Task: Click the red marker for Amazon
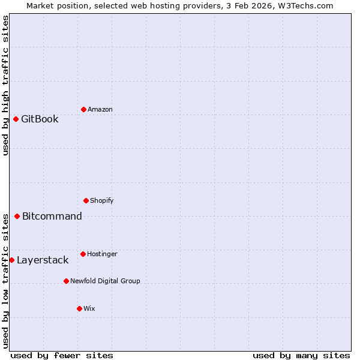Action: [x=83, y=109]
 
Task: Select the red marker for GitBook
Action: [x=16, y=119]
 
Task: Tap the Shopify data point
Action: [x=86, y=200]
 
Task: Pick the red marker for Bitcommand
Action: [x=17, y=216]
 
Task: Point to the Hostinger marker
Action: [x=83, y=254]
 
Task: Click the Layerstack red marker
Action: [x=11, y=260]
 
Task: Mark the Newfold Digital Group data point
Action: [x=66, y=281]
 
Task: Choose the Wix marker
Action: [x=79, y=308]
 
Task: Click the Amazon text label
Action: [x=100, y=109]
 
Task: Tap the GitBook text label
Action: [x=40, y=119]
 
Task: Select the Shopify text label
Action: [x=102, y=200]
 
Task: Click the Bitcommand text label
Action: [x=52, y=216]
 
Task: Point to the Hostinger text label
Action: [x=102, y=254]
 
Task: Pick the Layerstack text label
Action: [x=43, y=260]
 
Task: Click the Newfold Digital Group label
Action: [x=105, y=281]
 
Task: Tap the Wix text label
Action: [x=89, y=308]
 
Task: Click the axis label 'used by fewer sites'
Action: [x=62, y=355]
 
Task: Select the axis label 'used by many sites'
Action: [x=301, y=355]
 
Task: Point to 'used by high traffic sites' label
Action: [x=5, y=85]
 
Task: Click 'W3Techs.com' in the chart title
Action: [x=308, y=5]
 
